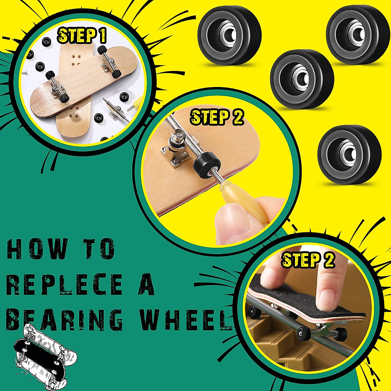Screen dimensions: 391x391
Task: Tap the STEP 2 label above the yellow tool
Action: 217,117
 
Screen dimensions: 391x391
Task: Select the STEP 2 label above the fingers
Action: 308,260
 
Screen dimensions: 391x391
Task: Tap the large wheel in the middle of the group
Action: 302,78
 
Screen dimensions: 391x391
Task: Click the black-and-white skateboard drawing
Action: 46,358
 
